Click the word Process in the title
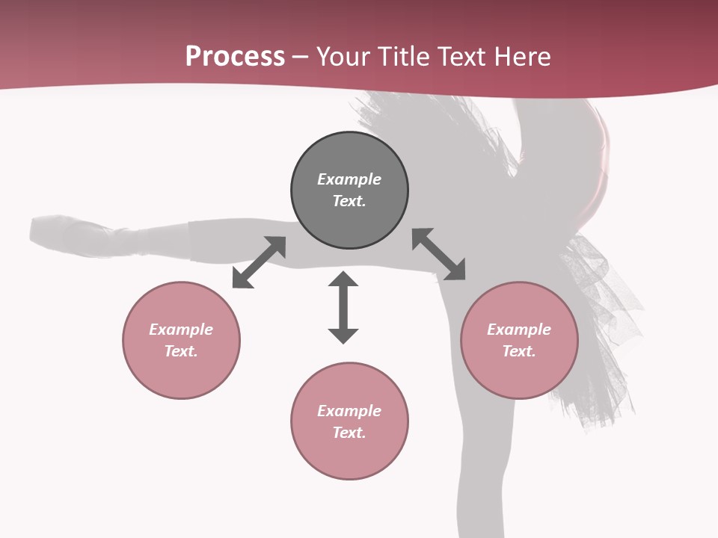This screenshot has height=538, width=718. coord(235,57)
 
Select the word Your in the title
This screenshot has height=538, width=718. coord(344,57)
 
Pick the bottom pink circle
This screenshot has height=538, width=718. coord(349,456)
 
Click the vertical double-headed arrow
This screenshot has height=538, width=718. coord(343,307)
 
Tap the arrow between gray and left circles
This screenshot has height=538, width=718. coord(259,262)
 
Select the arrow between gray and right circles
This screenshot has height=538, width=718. coord(438,254)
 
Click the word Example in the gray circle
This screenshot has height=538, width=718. coord(349,179)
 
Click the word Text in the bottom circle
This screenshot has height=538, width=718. coord(349,433)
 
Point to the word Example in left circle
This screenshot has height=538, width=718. coord(181,330)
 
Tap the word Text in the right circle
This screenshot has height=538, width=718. coord(519,351)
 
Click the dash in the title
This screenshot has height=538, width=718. coord(301,58)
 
